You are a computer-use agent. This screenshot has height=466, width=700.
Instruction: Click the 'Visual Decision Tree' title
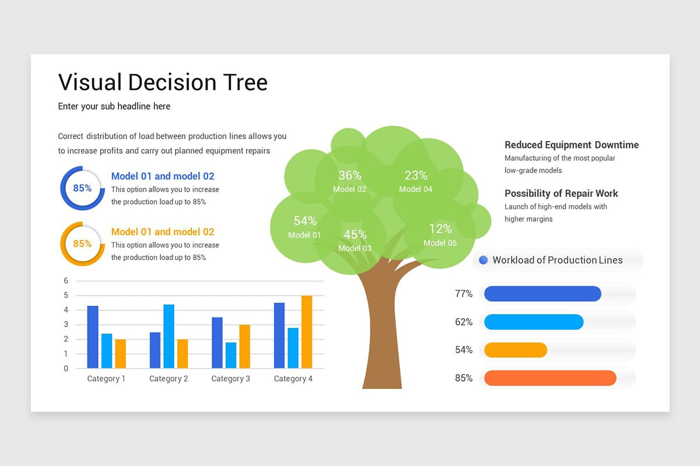coord(163,82)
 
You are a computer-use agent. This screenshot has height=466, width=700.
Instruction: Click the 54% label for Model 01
coord(304,221)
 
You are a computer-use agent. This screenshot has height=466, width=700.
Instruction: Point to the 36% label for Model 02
coord(349,175)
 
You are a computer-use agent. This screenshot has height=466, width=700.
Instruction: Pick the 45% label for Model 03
coord(355,235)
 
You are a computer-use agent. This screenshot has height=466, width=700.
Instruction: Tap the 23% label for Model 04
coord(416,175)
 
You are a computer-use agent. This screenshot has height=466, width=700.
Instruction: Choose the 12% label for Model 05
coord(440,229)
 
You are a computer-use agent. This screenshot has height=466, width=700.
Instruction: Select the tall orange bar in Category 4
coord(306,332)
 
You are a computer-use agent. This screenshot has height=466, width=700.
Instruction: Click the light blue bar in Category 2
coord(169,337)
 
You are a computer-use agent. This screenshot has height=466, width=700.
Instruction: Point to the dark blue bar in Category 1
coord(93,337)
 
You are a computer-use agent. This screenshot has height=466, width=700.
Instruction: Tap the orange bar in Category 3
coord(244,347)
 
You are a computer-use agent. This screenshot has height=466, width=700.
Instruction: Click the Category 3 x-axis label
coord(230,379)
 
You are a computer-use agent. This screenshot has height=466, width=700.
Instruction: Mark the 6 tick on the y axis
coord(66,281)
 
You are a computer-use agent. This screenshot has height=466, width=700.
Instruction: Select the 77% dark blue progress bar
coord(542,294)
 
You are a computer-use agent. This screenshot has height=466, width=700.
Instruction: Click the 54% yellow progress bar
coord(516,350)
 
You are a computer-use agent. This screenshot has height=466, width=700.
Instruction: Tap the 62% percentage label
coord(464,322)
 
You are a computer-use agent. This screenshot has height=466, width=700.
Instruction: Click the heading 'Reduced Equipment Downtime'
coord(571,145)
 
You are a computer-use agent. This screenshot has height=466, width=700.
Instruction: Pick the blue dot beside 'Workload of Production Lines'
coord(483,260)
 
